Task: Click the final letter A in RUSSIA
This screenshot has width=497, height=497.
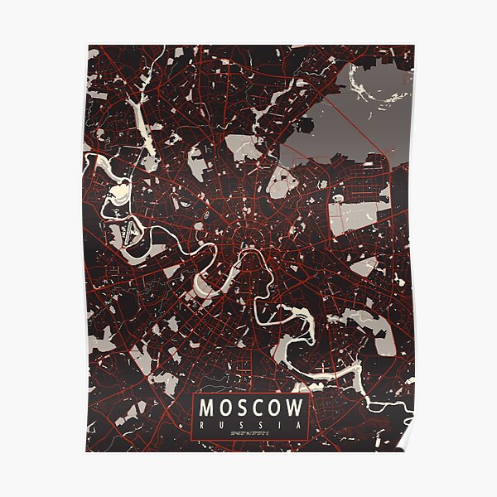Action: tap(296, 426)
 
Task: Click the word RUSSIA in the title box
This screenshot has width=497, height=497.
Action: tap(248, 426)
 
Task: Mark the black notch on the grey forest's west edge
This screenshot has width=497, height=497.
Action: tap(306, 125)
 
